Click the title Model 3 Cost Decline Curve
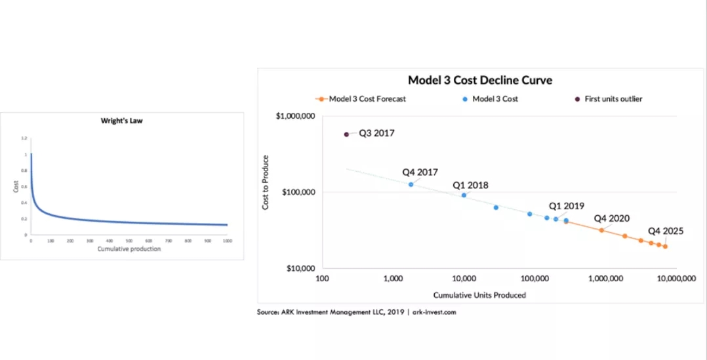(x=480, y=80)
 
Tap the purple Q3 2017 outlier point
(x=347, y=134)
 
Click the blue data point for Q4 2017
(x=411, y=184)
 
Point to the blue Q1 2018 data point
(x=464, y=195)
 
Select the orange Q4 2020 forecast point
(x=601, y=230)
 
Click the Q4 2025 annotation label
(x=666, y=231)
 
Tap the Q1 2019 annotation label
(x=566, y=205)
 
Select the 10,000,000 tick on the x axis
(x=676, y=279)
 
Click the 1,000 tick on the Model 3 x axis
(x=393, y=279)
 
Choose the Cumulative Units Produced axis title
(x=479, y=295)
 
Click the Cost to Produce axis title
(x=266, y=182)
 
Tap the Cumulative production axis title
(x=129, y=249)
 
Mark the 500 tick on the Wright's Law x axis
(x=129, y=241)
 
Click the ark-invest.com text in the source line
(x=434, y=312)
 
